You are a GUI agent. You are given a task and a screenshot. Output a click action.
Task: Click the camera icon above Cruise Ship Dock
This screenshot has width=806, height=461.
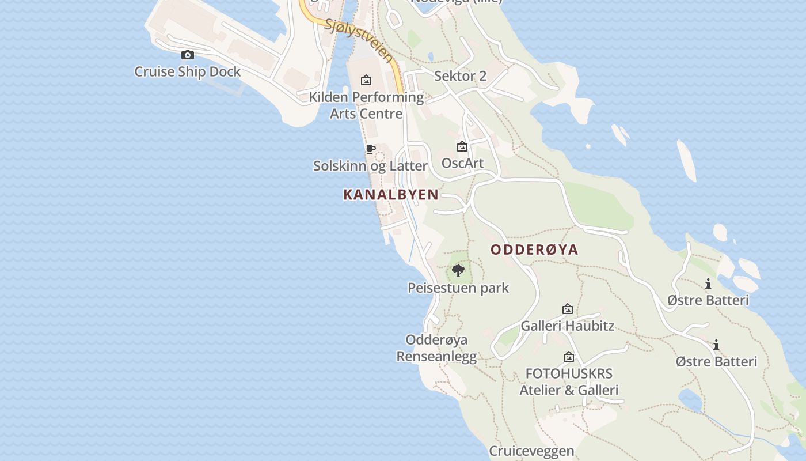click(x=187, y=55)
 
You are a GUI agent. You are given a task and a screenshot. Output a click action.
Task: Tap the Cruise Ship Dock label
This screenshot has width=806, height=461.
click(x=187, y=72)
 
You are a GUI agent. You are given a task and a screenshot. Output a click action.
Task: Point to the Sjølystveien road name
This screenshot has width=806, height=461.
click(x=358, y=40)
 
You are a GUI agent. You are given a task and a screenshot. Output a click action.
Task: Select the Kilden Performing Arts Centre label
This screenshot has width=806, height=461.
click(x=366, y=105)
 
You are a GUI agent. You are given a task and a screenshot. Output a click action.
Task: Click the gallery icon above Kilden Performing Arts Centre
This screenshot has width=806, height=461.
click(x=366, y=80)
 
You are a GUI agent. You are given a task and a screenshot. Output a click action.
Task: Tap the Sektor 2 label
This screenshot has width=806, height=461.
click(x=460, y=75)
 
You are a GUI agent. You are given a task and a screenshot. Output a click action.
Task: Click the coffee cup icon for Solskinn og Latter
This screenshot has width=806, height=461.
click(x=371, y=149)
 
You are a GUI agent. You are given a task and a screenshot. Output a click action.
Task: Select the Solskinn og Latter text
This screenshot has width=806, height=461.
click(x=370, y=166)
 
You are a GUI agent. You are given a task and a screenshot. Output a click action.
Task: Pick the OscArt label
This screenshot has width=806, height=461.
click(x=462, y=163)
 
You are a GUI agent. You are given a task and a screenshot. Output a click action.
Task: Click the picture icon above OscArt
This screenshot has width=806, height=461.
click(x=462, y=147)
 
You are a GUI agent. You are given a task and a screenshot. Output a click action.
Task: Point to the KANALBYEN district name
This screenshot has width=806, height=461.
click(x=391, y=195)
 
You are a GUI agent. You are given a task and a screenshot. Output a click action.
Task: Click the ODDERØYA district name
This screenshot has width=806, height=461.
click(x=534, y=250)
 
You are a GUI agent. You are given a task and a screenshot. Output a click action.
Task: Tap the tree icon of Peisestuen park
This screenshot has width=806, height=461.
click(x=458, y=270)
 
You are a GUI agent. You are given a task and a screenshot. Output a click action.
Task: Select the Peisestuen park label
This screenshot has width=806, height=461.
click(x=458, y=288)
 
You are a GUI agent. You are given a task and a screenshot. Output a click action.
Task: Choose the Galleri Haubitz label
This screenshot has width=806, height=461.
click(x=567, y=326)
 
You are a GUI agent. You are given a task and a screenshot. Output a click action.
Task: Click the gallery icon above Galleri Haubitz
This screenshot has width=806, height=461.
click(x=568, y=309)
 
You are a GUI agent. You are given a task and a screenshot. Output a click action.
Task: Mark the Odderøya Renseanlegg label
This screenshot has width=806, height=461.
click(x=436, y=348)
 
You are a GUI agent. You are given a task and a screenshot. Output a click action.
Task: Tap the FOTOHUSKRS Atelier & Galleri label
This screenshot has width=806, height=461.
click(x=569, y=381)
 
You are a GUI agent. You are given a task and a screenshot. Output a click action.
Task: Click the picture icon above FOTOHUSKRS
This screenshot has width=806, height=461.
click(x=569, y=357)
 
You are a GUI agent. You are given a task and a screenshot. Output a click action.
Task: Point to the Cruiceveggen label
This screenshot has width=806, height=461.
click(x=531, y=451)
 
